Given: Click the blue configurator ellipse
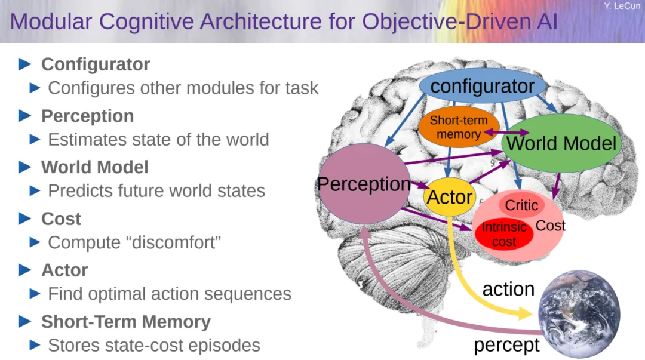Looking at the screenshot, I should pos(482,87).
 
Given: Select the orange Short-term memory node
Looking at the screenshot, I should pos(458,127).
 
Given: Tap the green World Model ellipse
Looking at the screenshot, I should pos(561,143).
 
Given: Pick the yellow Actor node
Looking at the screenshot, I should pos(450,197).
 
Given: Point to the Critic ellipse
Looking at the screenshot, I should pos(521,205).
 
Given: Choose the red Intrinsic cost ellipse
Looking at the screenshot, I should pos(504,234).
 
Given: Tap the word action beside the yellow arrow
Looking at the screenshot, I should pos(508,289).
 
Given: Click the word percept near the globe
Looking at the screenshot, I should pos(506,344).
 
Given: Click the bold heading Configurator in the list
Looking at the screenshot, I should pos(96,64).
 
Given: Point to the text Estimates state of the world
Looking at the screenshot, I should pos(158,140).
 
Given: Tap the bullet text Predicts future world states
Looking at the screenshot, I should pos(156,191).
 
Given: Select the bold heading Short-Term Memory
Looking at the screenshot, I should pos(125,322).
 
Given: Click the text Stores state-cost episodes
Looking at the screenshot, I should pos(153,346).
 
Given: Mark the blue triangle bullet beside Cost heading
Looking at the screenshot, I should pos(24,219).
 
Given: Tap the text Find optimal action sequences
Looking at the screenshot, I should pos(170,294).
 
